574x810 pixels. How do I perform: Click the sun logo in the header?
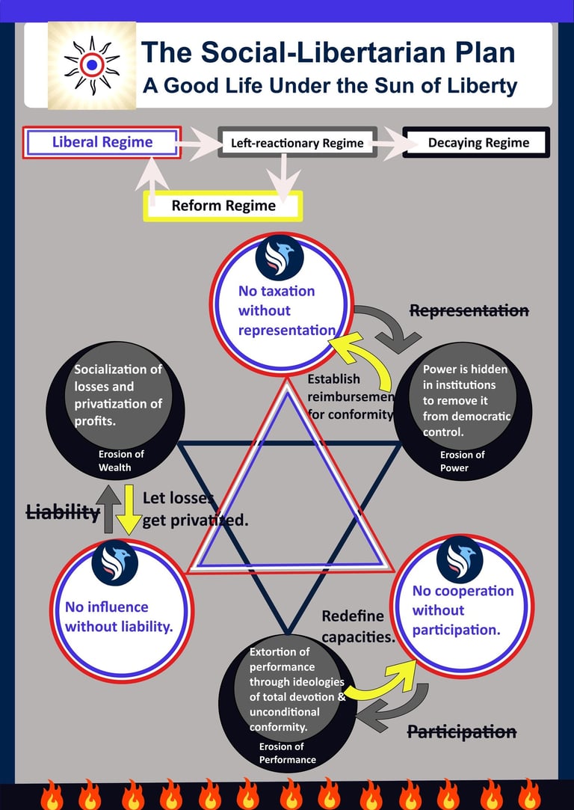pyautogui.click(x=91, y=65)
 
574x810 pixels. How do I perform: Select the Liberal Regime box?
pyautogui.click(x=102, y=142)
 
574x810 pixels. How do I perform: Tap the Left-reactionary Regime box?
pyautogui.click(x=297, y=143)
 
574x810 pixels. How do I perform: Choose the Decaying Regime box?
pyautogui.click(x=478, y=142)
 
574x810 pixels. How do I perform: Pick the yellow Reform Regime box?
pyautogui.click(x=223, y=205)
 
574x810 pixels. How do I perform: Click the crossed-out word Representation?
pyautogui.click(x=469, y=310)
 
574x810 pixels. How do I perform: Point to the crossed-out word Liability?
pyautogui.click(x=63, y=512)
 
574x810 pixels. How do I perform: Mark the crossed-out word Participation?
pyautogui.click(x=461, y=731)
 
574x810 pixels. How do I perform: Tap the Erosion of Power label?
pyautogui.click(x=462, y=461)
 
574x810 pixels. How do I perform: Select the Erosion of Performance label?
pyautogui.click(x=288, y=753)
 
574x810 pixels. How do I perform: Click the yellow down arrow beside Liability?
pyautogui.click(x=129, y=509)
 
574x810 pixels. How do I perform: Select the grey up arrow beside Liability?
pyautogui.click(x=110, y=509)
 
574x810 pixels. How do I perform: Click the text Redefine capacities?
pyautogui.click(x=358, y=627)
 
